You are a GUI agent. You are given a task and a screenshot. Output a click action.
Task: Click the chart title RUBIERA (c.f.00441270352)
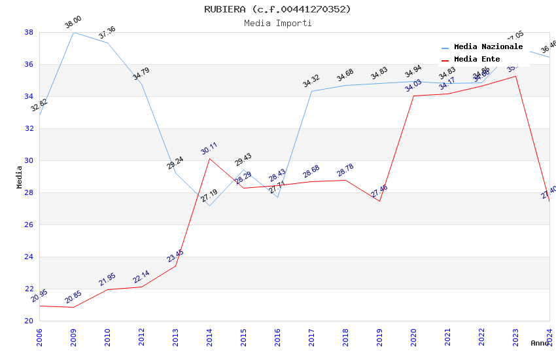pos(277,9)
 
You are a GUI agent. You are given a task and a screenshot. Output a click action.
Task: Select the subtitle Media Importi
pos(277,23)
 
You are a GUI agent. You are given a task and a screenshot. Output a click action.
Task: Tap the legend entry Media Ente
pos(477,60)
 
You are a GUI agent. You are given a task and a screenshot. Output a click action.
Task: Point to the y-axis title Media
pos(19,177)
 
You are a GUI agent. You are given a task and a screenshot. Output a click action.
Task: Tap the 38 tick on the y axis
pos(29,32)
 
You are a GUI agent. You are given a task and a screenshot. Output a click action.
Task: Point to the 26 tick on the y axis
pos(29,225)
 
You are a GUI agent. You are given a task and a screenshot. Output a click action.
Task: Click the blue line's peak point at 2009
pos(73,32)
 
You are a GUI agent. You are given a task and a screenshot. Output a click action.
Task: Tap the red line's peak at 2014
pos(209,158)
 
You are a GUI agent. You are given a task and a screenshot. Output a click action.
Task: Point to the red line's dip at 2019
pos(379,201)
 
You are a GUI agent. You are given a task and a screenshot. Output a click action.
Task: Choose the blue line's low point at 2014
pos(209,206)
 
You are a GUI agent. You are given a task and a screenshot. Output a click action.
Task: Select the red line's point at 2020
pos(413,96)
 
